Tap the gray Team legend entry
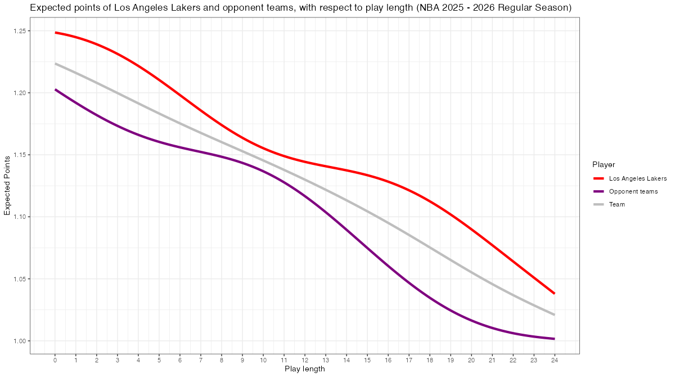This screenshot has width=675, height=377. (617, 204)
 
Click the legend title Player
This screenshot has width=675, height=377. (604, 164)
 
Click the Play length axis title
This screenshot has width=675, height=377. (304, 369)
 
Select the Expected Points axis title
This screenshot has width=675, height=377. (7, 186)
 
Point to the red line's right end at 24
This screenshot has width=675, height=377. (554, 293)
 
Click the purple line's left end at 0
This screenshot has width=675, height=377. (56, 89)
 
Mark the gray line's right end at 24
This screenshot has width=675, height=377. (554, 315)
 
